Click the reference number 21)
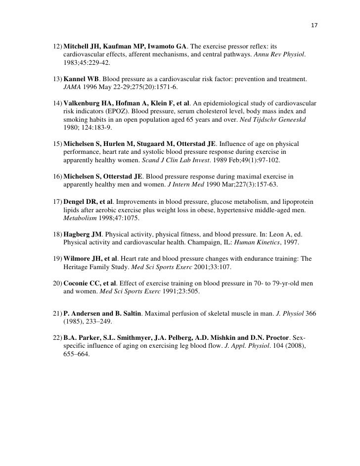57,306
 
